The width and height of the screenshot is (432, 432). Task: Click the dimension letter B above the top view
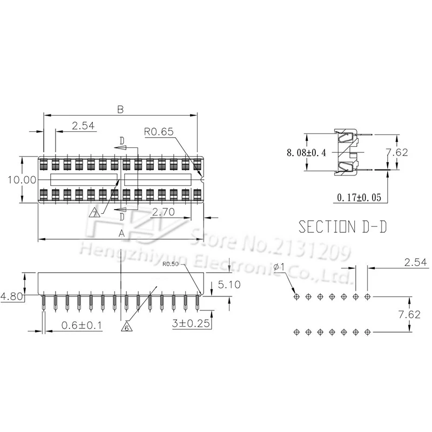tap(120, 109)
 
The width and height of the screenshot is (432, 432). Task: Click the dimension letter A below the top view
tap(122, 234)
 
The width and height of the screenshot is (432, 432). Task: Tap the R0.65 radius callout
tap(158, 131)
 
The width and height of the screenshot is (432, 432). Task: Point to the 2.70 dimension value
tap(163, 213)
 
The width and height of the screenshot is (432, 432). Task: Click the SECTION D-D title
tap(343, 226)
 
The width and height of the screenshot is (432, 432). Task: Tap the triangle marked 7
tap(96, 213)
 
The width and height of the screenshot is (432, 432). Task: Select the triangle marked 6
tap(126, 327)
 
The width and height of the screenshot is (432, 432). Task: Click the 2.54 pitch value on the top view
tap(83, 126)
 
